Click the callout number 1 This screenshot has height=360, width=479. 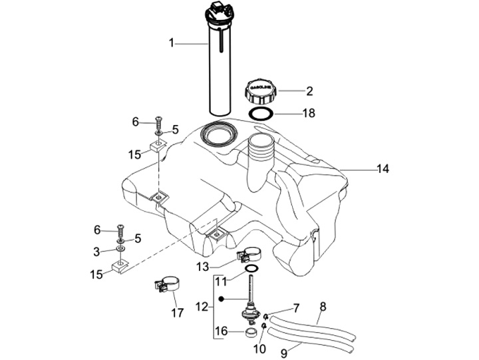[x=171, y=43]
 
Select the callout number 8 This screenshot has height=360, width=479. [x=323, y=307]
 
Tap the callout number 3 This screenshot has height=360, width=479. [x=96, y=252]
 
